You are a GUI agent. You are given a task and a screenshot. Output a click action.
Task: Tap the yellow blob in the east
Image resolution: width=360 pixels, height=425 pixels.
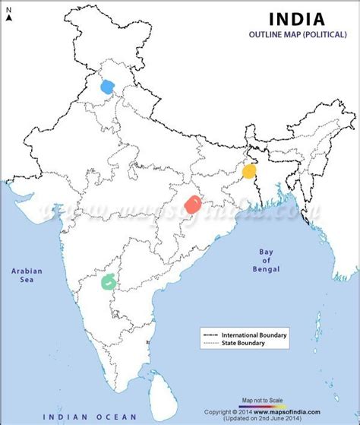(249, 171)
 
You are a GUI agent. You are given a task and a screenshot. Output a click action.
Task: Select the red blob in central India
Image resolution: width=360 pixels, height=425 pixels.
(194, 204)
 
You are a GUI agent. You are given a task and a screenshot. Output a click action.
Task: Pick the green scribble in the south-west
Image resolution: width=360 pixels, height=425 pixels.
(111, 281)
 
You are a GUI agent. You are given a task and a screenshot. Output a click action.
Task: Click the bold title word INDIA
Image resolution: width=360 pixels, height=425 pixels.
(297, 18)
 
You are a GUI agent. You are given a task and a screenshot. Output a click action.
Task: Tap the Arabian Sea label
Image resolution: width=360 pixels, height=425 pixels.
(26, 275)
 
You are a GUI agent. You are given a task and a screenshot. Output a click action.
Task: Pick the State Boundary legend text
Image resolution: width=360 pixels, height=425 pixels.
(244, 344)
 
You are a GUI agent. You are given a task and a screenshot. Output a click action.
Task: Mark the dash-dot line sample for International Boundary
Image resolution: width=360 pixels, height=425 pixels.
(210, 335)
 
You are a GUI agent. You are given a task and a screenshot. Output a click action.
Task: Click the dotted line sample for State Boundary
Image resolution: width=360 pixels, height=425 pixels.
(210, 344)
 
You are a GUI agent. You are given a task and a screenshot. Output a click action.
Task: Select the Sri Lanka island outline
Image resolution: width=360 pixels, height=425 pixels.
(160, 390)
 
